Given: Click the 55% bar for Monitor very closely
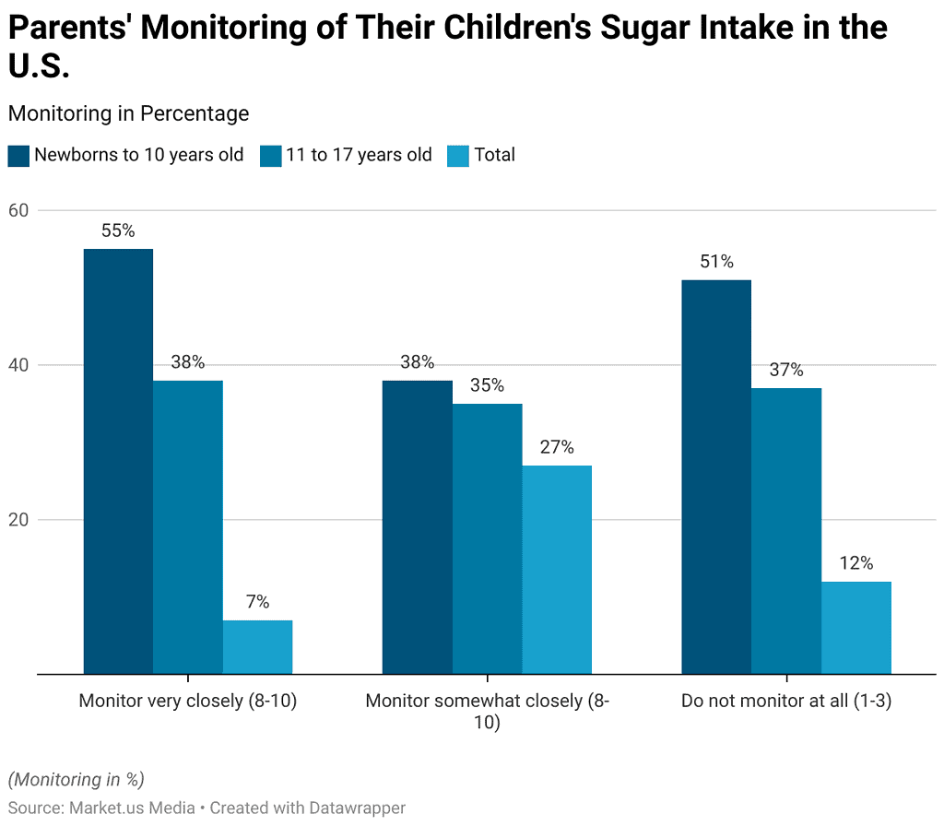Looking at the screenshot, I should click(118, 461).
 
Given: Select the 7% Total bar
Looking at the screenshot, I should click(257, 647).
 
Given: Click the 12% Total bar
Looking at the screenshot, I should click(855, 628).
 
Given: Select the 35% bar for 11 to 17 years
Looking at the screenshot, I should click(487, 538).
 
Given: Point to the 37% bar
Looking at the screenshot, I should click(785, 531).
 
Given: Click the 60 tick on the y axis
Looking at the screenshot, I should click(19, 210).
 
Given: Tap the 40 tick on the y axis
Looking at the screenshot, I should click(19, 365).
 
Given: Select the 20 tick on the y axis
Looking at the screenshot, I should click(19, 520).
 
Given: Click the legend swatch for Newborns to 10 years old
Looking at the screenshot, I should click(18, 155).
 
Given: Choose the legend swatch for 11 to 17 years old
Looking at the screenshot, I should click(270, 155).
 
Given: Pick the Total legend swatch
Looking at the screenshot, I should click(458, 155).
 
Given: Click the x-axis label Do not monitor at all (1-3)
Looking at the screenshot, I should click(786, 701).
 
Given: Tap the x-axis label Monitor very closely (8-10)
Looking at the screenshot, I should click(188, 701).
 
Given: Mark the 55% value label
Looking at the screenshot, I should click(118, 231).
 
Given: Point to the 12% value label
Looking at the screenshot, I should click(855, 563).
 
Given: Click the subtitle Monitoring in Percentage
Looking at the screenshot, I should click(128, 113).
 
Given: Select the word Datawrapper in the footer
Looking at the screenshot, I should click(355, 808).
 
